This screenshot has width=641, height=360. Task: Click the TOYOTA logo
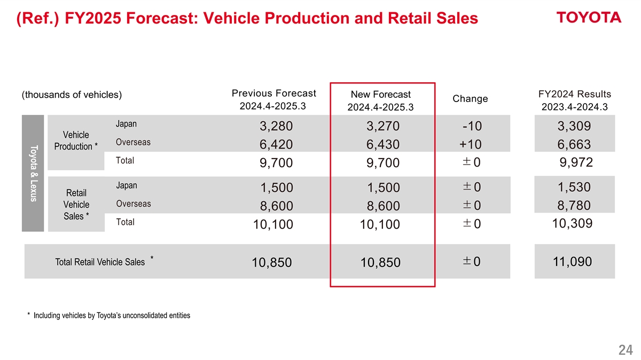(589, 18)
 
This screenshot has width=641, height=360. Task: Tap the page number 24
(626, 350)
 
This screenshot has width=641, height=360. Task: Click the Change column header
(470, 99)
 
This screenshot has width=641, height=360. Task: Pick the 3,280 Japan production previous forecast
(276, 127)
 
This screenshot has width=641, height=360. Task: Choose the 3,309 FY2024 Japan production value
(574, 127)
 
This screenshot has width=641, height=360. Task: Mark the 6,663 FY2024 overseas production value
(574, 145)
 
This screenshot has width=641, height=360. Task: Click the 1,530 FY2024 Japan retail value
(574, 187)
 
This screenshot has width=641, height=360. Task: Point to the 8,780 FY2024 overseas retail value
(574, 206)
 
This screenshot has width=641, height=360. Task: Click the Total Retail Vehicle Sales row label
(100, 262)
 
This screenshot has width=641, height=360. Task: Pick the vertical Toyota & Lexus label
(34, 173)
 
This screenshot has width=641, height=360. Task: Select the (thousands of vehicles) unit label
(72, 95)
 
